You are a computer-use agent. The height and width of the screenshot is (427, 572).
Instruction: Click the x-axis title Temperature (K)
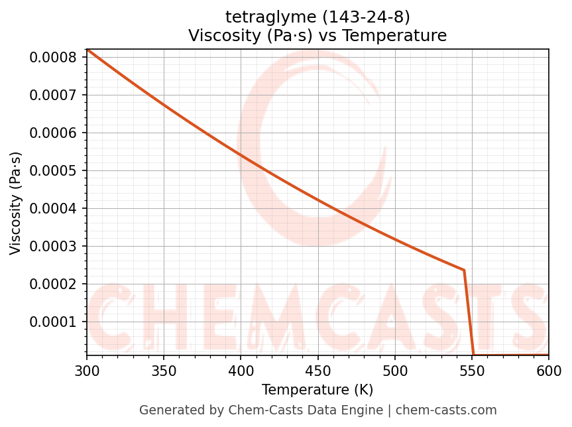pyautogui.click(x=317, y=389)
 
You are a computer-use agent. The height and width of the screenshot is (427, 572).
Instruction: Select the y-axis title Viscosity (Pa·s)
pyautogui.click(x=16, y=203)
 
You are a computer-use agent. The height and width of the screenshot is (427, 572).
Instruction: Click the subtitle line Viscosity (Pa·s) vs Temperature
pyautogui.click(x=317, y=35)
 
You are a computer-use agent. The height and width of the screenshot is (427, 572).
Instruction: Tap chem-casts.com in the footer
pyautogui.click(x=446, y=410)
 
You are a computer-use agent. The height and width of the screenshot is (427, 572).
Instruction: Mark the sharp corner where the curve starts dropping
pyautogui.click(x=464, y=271)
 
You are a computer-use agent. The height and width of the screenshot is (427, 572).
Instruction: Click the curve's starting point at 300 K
pyautogui.click(x=87, y=49)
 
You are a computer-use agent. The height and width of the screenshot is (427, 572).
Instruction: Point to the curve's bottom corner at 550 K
pyautogui.click(x=473, y=355)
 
